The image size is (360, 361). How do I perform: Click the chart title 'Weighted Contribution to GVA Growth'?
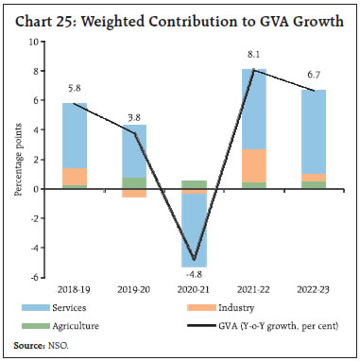click(x=180, y=22)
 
